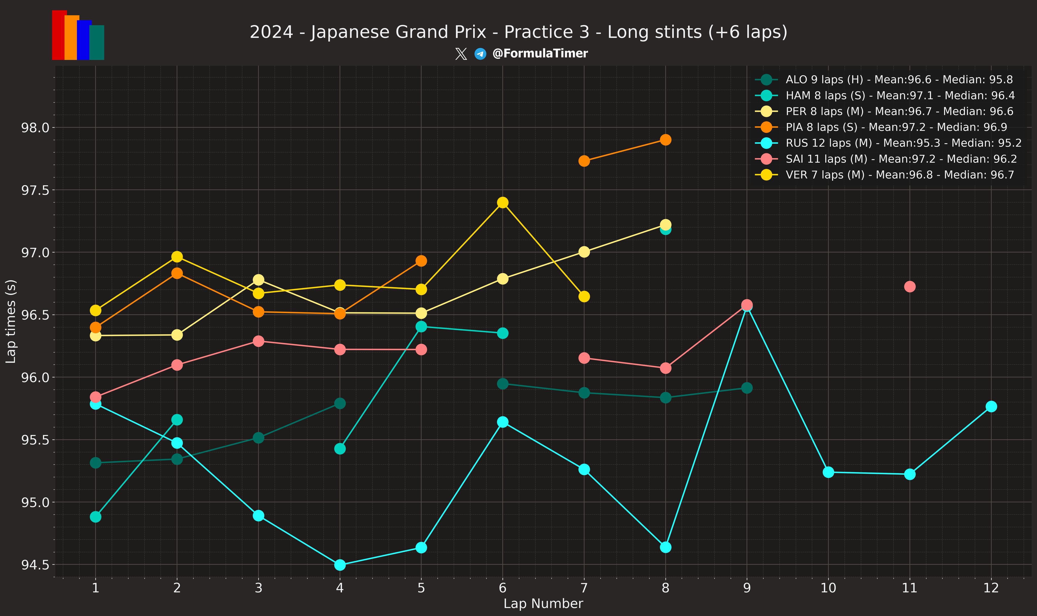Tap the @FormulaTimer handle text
540,53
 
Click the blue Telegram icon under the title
480,54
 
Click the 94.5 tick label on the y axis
35,565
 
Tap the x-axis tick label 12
991,588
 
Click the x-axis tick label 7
584,588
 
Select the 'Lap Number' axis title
543,604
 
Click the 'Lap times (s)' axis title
11,321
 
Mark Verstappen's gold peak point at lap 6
503,203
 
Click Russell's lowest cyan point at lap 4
340,565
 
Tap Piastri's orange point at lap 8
665,140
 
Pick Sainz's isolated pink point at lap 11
910,286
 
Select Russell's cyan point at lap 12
991,406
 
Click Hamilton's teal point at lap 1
95,517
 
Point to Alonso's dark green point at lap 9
747,388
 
